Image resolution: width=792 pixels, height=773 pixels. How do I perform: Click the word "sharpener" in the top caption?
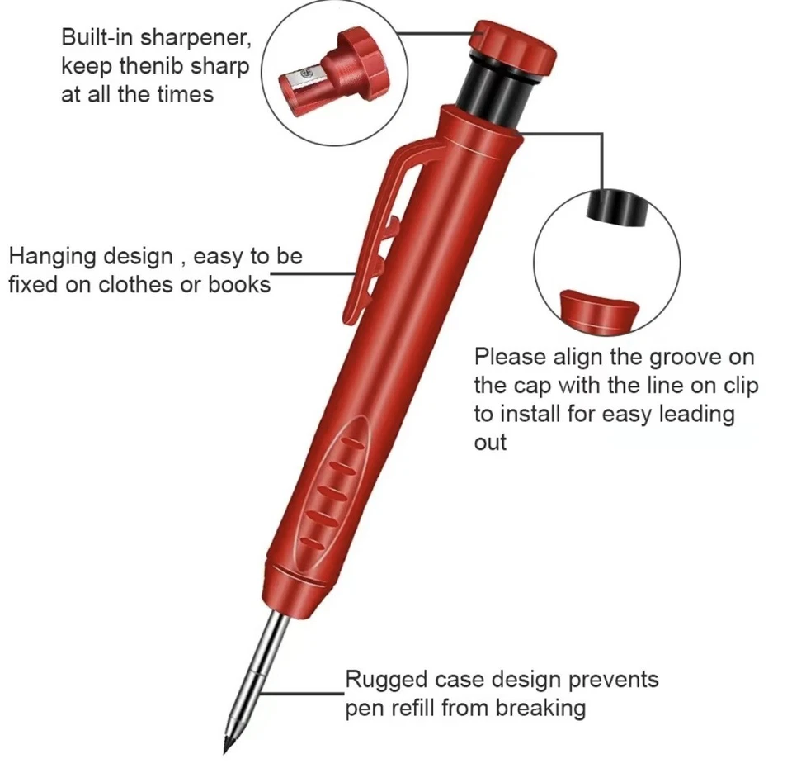pyautogui.click(x=196, y=38)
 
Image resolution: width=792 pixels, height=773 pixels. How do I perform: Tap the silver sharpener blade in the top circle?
pyautogui.click(x=298, y=83)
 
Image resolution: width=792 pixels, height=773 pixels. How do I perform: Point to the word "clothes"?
pyautogui.click(x=153, y=284)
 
